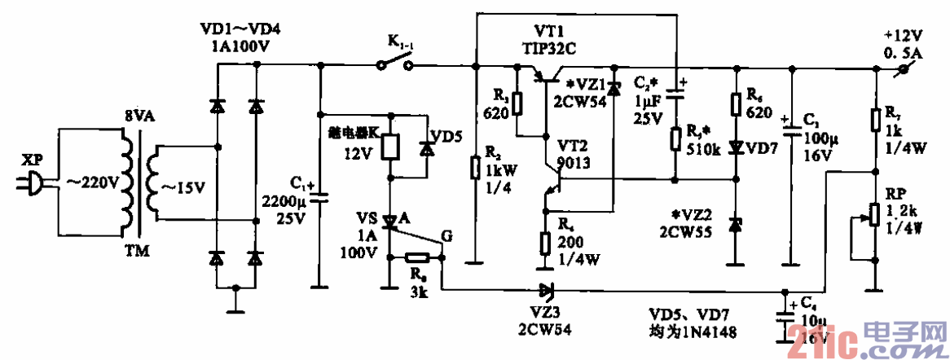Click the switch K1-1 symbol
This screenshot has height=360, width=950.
[393, 64]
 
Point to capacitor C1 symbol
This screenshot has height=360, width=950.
[319, 195]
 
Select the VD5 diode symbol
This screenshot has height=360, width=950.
[425, 150]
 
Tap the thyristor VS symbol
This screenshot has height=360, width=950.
[391, 221]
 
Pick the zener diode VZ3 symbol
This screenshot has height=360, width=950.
[543, 288]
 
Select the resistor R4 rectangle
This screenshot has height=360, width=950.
[544, 243]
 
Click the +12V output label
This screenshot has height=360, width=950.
[903, 36]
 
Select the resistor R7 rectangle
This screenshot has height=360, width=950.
[875, 121]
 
